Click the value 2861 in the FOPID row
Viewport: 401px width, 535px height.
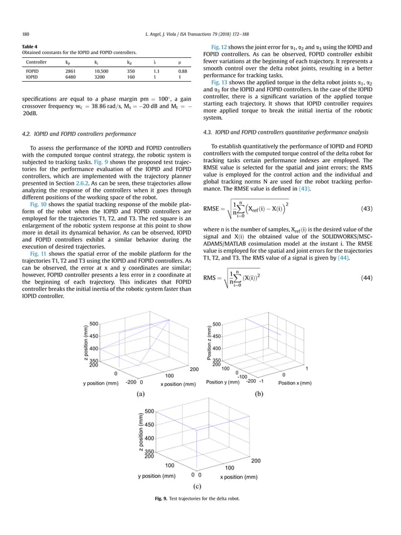70,72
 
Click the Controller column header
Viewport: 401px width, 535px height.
37,63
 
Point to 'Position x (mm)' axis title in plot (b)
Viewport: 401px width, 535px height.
294,382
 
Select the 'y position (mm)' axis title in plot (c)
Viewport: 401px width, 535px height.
160,477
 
